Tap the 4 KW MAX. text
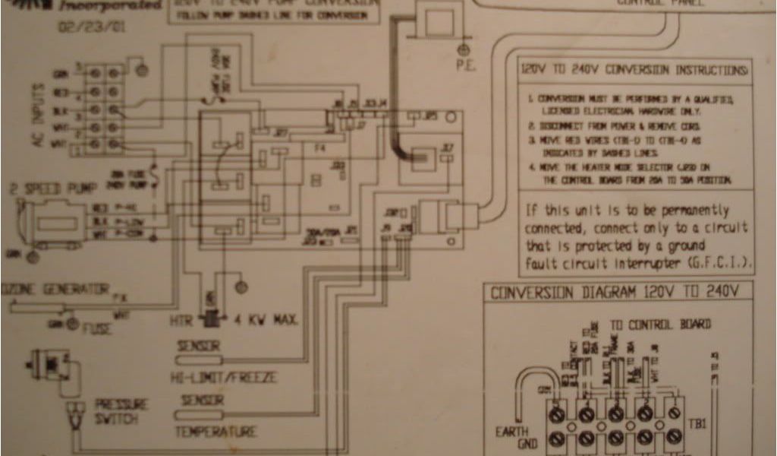coord(263,319)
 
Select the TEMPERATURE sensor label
coord(216,432)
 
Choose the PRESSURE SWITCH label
coord(121,412)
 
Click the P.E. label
coord(465,65)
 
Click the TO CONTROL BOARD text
coord(661,325)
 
